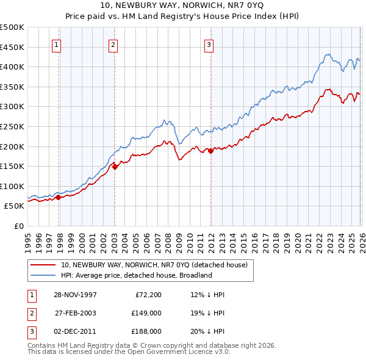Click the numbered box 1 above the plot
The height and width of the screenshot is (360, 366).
point(56,44)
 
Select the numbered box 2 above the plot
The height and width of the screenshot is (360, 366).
point(113,44)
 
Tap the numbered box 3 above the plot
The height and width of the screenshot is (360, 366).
point(209,44)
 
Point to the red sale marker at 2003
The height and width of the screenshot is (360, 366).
point(115,167)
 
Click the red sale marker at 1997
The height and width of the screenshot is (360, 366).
point(59,197)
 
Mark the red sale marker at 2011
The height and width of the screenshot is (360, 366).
point(210,151)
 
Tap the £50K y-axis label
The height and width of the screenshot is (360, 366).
point(15,206)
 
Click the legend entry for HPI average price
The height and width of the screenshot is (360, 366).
point(136,275)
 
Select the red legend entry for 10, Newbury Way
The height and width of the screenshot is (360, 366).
point(154,265)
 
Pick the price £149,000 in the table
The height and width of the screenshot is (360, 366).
point(146,313)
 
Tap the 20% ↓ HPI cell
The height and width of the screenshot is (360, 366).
point(207,331)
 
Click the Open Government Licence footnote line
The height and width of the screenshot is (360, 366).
point(129,352)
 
